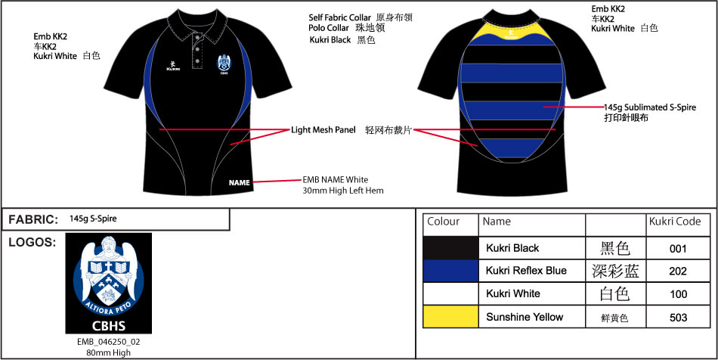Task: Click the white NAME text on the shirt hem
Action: (240, 182)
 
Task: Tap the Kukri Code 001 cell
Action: (678, 248)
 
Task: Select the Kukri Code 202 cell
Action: (678, 271)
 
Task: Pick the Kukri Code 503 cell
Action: (678, 318)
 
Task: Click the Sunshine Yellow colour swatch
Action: (450, 317)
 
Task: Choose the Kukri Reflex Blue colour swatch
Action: (450, 271)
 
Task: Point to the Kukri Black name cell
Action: (512, 248)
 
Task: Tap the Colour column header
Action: (444, 222)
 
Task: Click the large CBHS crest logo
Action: (108, 283)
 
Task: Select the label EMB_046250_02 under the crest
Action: (108, 342)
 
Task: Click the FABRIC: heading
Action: (33, 219)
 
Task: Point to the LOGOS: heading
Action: (32, 243)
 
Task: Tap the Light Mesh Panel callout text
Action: (323, 130)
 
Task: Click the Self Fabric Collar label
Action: (340, 17)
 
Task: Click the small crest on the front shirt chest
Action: (224, 65)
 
